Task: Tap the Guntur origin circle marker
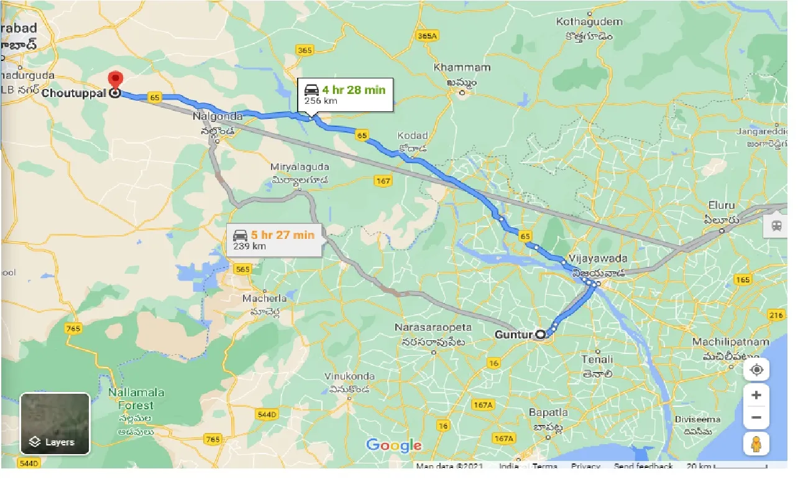541,335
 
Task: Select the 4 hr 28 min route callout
346,95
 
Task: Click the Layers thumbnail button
55,424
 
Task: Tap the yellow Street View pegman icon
756,444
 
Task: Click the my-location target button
756,370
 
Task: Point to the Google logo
393,445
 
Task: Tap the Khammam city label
462,67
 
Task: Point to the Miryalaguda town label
300,167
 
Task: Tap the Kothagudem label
589,22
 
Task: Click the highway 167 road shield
383,180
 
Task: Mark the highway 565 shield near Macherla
243,269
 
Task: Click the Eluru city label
722,205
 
